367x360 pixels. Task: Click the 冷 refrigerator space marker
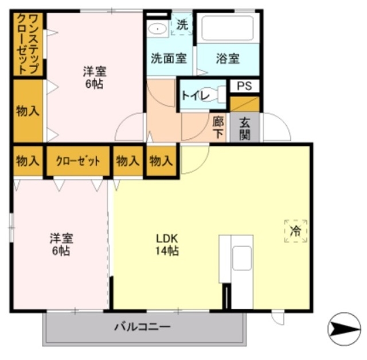[x=296, y=231]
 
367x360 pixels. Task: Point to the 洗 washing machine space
[x=182, y=25]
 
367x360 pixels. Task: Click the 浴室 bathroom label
[x=228, y=58]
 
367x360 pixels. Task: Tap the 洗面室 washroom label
[x=169, y=58]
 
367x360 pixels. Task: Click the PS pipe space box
[x=244, y=87]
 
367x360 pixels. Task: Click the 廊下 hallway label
[x=218, y=126]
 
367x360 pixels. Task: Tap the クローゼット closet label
[x=77, y=161]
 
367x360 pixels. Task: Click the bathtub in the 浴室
[x=228, y=27]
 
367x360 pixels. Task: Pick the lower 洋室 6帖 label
[x=60, y=244]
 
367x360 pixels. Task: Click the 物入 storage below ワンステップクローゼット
[x=28, y=110]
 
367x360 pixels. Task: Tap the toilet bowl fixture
[x=215, y=95]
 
